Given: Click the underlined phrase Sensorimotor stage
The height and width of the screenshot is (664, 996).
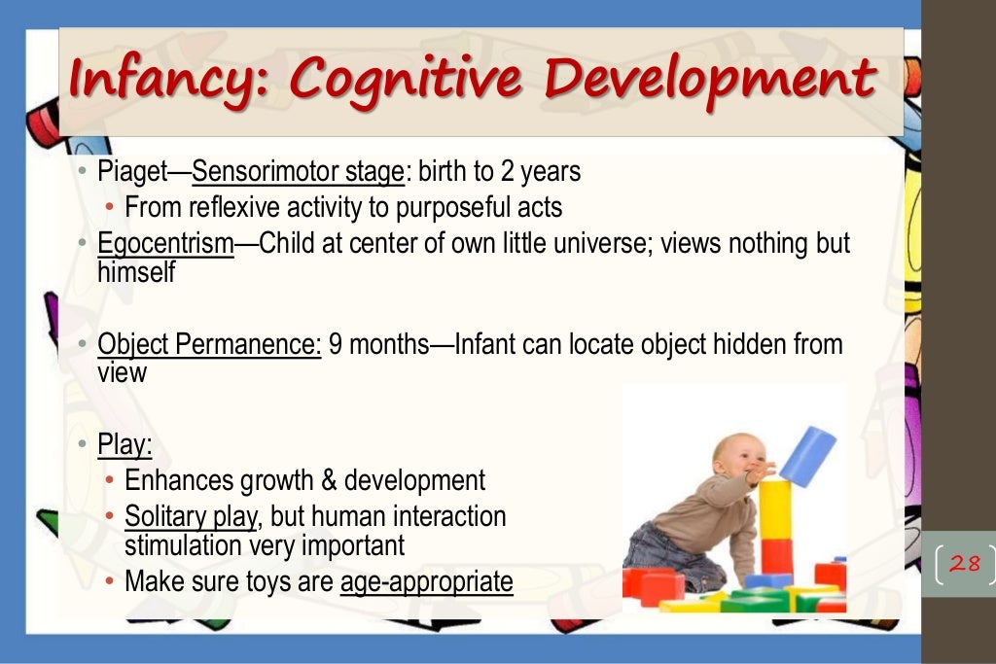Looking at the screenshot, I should point(298,173).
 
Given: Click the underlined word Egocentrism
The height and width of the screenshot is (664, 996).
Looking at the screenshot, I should point(165,243).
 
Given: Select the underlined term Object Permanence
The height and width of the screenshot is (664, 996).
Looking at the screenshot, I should point(209,345).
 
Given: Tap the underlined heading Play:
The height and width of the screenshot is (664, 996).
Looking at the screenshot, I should point(124,446).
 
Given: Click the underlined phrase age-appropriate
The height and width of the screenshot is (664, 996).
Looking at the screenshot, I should point(426,581).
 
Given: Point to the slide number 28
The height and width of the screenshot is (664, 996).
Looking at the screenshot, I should point(964,563).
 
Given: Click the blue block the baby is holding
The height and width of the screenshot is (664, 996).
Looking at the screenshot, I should point(807,455).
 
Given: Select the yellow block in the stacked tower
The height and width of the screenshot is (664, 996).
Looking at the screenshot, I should point(775,507).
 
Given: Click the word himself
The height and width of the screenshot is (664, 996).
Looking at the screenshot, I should point(136,274).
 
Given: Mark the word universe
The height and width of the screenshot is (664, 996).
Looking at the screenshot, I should point(603,243).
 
